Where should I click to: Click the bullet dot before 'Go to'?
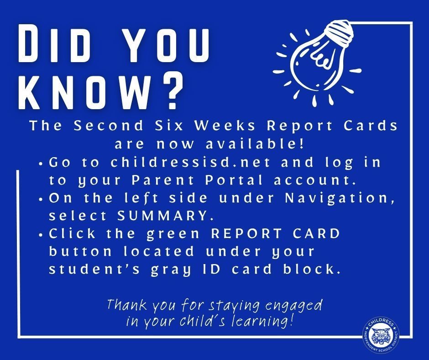coord(42,163)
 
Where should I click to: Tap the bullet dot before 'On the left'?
coord(42,199)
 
